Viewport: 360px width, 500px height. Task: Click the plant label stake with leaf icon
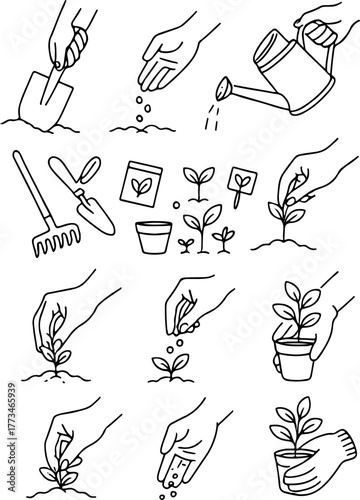coord(239,184)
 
